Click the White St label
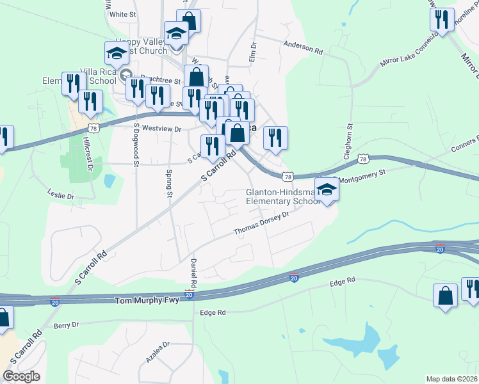[124, 13]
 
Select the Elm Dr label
[252, 53]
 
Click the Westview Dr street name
[162, 129]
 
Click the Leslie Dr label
[61, 193]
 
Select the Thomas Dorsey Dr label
[261, 224]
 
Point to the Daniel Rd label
[193, 273]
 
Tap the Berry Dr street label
[66, 325]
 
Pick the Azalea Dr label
[157, 353]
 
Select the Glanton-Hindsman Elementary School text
[283, 197]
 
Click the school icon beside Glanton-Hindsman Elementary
[327, 189]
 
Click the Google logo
[22, 376]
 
